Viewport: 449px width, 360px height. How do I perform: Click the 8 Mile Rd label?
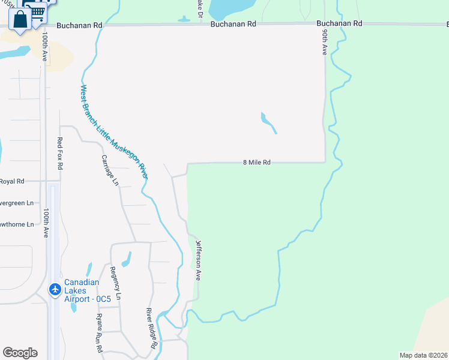[257, 163]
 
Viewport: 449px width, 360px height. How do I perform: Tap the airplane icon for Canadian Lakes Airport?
[55, 290]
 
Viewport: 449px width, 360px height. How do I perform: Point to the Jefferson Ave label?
[198, 260]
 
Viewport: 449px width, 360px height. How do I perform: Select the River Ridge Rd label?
[152, 329]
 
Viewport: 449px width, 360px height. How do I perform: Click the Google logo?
[20, 353]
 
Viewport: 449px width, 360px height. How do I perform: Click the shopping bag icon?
[20, 20]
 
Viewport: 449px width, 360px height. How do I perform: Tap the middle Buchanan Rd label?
[234, 24]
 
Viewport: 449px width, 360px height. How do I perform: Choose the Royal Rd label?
[11, 181]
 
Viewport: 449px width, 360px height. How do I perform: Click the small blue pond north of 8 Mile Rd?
[268, 122]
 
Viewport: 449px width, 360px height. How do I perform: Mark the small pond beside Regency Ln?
[127, 259]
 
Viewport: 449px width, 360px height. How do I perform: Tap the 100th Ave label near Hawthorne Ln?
[46, 223]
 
